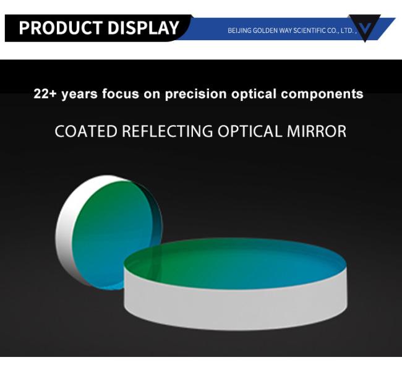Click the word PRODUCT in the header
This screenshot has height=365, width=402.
(x=61, y=27)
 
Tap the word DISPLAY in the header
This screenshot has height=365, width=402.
(x=143, y=27)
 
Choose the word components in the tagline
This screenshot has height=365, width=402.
(x=322, y=94)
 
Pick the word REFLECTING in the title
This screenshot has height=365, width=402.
(x=167, y=131)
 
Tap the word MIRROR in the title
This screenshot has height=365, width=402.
(x=317, y=131)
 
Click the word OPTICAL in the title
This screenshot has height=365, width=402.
(x=250, y=131)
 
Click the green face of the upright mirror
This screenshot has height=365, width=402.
(x=110, y=231)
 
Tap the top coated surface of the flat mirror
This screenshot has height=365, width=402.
(x=236, y=264)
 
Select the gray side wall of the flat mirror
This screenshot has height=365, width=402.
(x=236, y=308)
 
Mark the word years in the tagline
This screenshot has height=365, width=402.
(x=80, y=95)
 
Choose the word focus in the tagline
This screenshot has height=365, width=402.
(x=120, y=93)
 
